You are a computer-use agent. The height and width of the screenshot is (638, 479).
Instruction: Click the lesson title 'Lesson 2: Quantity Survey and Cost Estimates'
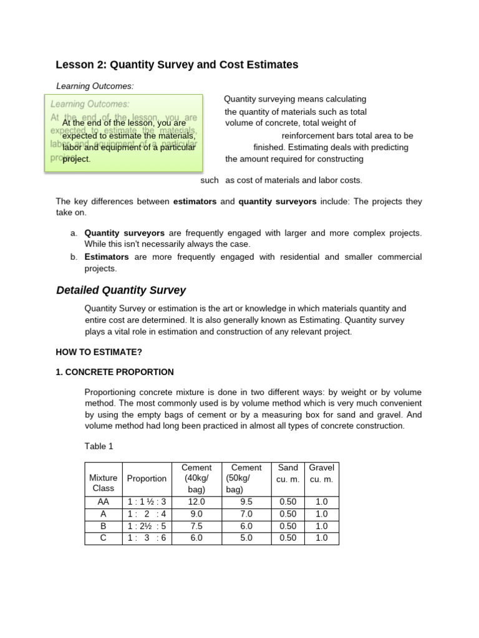click(x=177, y=65)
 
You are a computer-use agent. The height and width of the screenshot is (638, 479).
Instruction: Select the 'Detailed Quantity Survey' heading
click(x=121, y=290)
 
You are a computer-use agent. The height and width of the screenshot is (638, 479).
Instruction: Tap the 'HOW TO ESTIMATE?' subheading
click(x=99, y=352)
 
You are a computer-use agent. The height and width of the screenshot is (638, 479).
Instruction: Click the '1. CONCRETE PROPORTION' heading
click(x=115, y=372)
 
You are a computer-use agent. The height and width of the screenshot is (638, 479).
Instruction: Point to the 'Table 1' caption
click(x=99, y=446)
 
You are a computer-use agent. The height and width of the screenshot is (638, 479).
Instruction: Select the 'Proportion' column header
click(x=147, y=478)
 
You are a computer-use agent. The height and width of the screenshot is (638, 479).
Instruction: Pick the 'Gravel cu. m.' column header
click(x=322, y=473)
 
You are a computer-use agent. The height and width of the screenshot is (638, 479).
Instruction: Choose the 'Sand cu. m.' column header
click(x=288, y=473)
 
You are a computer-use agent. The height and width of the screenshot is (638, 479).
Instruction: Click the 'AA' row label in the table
click(x=103, y=502)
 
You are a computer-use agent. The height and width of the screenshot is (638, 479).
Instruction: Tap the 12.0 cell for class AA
click(x=196, y=502)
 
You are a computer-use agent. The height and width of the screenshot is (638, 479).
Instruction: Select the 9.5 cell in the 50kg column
click(x=246, y=502)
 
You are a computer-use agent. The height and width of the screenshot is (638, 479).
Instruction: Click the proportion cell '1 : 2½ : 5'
click(x=147, y=526)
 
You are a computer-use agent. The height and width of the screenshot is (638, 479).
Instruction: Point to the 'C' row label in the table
click(x=103, y=538)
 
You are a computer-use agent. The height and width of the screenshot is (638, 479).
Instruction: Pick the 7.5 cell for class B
click(x=196, y=526)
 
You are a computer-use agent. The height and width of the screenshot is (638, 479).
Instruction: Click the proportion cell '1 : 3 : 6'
click(x=147, y=538)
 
